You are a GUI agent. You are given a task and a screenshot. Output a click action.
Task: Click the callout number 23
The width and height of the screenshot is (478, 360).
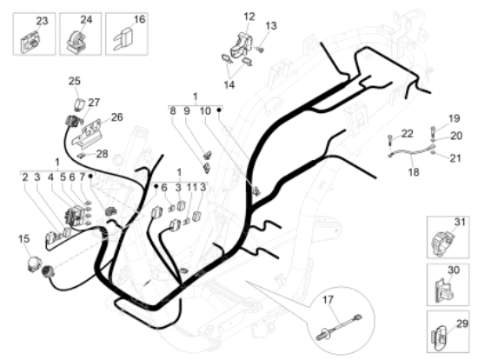coord(42,21)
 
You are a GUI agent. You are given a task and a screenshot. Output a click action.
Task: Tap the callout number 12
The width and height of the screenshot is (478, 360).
coord(249,17)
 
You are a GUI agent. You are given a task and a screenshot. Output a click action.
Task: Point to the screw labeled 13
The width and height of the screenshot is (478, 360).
coord(260,49)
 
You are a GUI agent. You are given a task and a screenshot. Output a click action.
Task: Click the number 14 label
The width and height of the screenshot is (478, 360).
coord(229,85)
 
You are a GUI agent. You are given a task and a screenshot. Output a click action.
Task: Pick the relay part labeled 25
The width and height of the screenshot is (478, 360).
coord(80,104)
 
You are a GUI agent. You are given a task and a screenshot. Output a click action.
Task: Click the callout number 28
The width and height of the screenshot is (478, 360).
coord(103,154)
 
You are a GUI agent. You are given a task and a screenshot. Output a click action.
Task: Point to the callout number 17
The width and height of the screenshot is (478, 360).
coord(328,300)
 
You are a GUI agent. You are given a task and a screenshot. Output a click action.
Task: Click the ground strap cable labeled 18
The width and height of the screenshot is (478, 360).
coord(411,150)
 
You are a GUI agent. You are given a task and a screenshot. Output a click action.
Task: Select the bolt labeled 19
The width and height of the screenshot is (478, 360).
coord(433,131)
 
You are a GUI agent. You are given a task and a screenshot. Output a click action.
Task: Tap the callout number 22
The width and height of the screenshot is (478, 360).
coord(407,134)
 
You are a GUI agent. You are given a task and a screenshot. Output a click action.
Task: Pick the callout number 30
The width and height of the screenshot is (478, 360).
coord(454,270)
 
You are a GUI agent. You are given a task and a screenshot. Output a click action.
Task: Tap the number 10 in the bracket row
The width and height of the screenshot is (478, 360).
coord(205,110)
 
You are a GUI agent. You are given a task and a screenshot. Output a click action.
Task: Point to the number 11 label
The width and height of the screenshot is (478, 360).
coord(192,187)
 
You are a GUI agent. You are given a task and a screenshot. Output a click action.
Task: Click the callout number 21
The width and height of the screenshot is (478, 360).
coord(455,158)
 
